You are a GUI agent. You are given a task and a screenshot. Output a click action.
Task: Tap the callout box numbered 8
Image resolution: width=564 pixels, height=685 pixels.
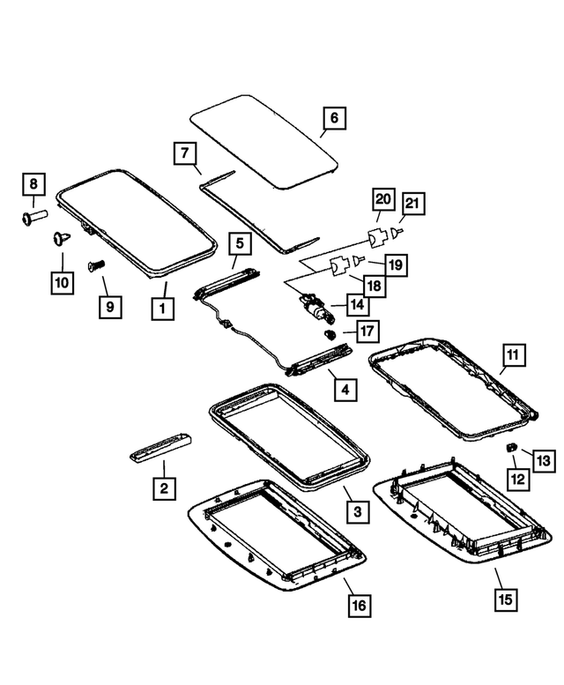coord(33,184)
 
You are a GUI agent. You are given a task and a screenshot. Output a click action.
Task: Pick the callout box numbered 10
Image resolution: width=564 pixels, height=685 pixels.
coord(62,282)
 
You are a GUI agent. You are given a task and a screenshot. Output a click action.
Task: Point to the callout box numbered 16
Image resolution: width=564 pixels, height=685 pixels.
coord(358,605)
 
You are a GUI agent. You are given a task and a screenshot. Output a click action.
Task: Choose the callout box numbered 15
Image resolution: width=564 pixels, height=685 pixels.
coord(506,599)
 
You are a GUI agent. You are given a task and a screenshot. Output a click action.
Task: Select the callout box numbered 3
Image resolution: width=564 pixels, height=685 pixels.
coord(355,510)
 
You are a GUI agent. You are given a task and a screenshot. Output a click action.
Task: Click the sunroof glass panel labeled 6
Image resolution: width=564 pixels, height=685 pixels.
coord(264,141)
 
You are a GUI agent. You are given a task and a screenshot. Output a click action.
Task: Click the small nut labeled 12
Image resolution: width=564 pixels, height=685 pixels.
coord(510,448)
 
